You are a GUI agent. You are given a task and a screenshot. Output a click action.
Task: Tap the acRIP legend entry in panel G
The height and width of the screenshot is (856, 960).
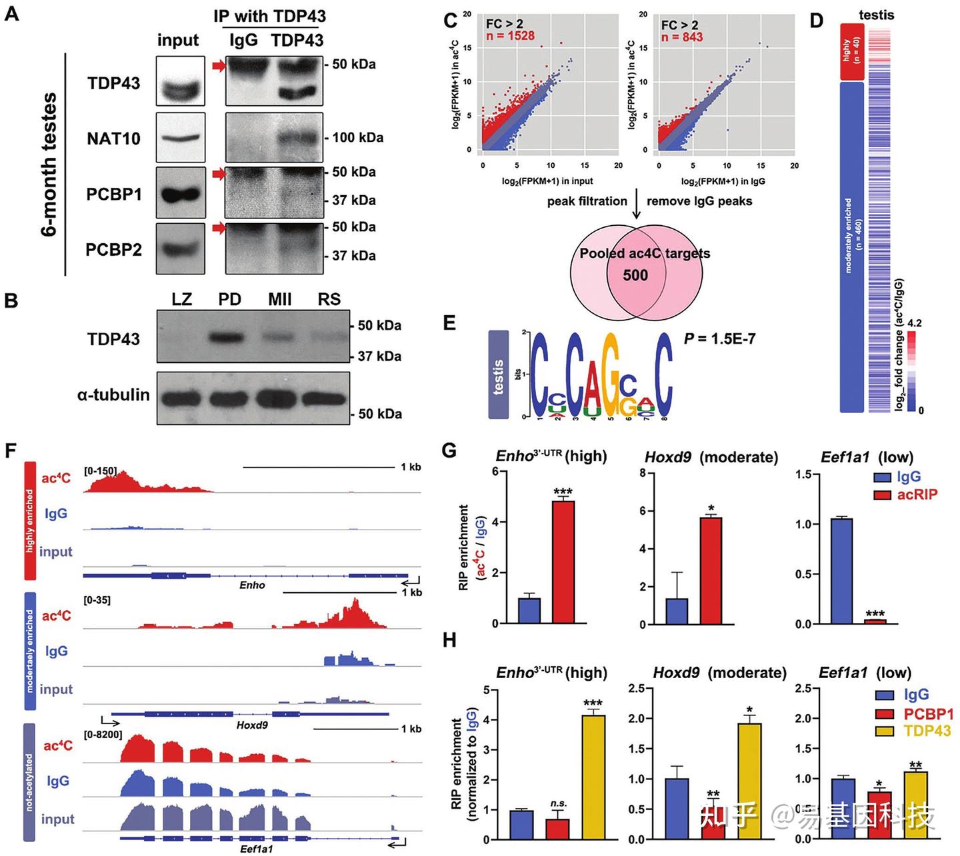(917, 494)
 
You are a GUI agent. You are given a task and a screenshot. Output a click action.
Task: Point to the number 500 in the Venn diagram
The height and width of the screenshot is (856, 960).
(635, 275)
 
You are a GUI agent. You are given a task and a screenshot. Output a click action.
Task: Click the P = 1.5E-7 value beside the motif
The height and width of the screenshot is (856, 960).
(719, 338)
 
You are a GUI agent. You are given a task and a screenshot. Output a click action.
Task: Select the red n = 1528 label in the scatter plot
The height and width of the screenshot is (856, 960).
(510, 36)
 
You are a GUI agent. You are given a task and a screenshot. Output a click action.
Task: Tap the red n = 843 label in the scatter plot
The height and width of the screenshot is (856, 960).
(682, 37)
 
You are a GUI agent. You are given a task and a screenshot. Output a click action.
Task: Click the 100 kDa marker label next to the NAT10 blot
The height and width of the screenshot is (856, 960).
(357, 138)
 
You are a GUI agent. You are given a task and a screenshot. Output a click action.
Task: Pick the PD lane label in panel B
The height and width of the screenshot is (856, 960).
(229, 299)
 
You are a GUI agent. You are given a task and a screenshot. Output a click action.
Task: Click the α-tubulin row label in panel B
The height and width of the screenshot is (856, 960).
(113, 395)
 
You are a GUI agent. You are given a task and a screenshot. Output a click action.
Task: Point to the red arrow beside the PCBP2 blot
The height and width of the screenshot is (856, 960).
(219, 228)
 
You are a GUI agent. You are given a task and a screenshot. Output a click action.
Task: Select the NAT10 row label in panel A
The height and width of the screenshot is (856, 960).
(113, 139)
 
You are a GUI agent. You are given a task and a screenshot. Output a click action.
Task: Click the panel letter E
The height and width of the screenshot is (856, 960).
(450, 324)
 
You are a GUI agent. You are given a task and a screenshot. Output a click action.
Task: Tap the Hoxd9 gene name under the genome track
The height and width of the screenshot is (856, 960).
(252, 725)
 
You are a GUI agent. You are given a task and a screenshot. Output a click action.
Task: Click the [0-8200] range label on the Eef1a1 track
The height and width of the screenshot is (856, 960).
(103, 734)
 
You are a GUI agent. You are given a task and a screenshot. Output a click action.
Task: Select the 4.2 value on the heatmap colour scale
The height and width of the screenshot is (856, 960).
(915, 323)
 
